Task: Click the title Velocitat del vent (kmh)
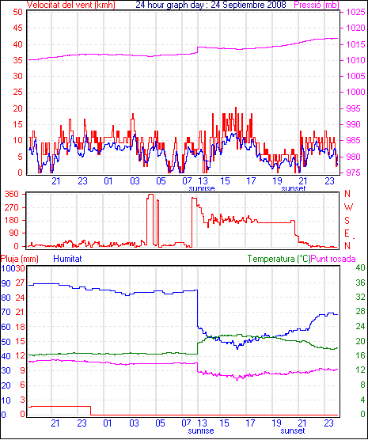coord(71,5)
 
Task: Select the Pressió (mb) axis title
coord(317,5)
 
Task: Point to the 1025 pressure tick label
coord(355,12)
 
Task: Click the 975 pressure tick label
coord(354,173)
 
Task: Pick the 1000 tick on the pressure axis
coord(355,92)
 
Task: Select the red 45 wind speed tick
coord(18,28)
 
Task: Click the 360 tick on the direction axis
coord(12,194)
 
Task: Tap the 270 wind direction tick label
coord(12,207)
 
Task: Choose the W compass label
coord(348,207)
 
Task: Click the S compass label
coord(347,221)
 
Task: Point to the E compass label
coord(347,233)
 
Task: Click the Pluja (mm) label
coord(19,259)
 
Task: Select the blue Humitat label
coord(67,259)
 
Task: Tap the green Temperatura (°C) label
coord(279,259)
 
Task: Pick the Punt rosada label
coord(333,259)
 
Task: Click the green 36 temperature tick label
coord(360,283)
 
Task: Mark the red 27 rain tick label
coord(20,283)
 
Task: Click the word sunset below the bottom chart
coord(293,431)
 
